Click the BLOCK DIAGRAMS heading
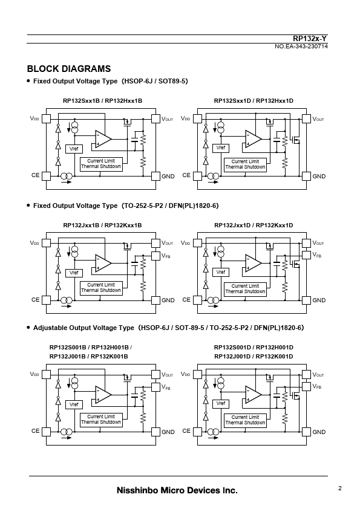[x=68, y=69]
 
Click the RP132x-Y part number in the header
[x=310, y=39]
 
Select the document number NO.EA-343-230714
[x=301, y=47]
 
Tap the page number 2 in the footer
[x=340, y=488]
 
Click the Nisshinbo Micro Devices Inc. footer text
[x=177, y=490]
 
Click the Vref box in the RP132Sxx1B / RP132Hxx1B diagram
[x=74, y=149]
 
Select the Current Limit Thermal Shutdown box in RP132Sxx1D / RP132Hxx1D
[x=245, y=164]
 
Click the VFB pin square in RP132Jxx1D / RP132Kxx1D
[x=306, y=255]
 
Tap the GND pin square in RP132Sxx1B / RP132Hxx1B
[x=155, y=177]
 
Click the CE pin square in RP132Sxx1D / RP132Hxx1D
[x=197, y=176]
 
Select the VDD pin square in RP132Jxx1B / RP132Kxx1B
[x=46, y=243]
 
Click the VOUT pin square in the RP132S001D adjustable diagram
[x=306, y=374]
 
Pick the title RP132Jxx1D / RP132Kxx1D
[x=254, y=225]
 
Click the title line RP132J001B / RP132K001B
[x=89, y=357]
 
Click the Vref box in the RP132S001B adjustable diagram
[x=74, y=404]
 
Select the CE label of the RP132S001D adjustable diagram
[x=186, y=431]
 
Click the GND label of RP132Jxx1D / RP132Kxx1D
[x=319, y=300]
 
